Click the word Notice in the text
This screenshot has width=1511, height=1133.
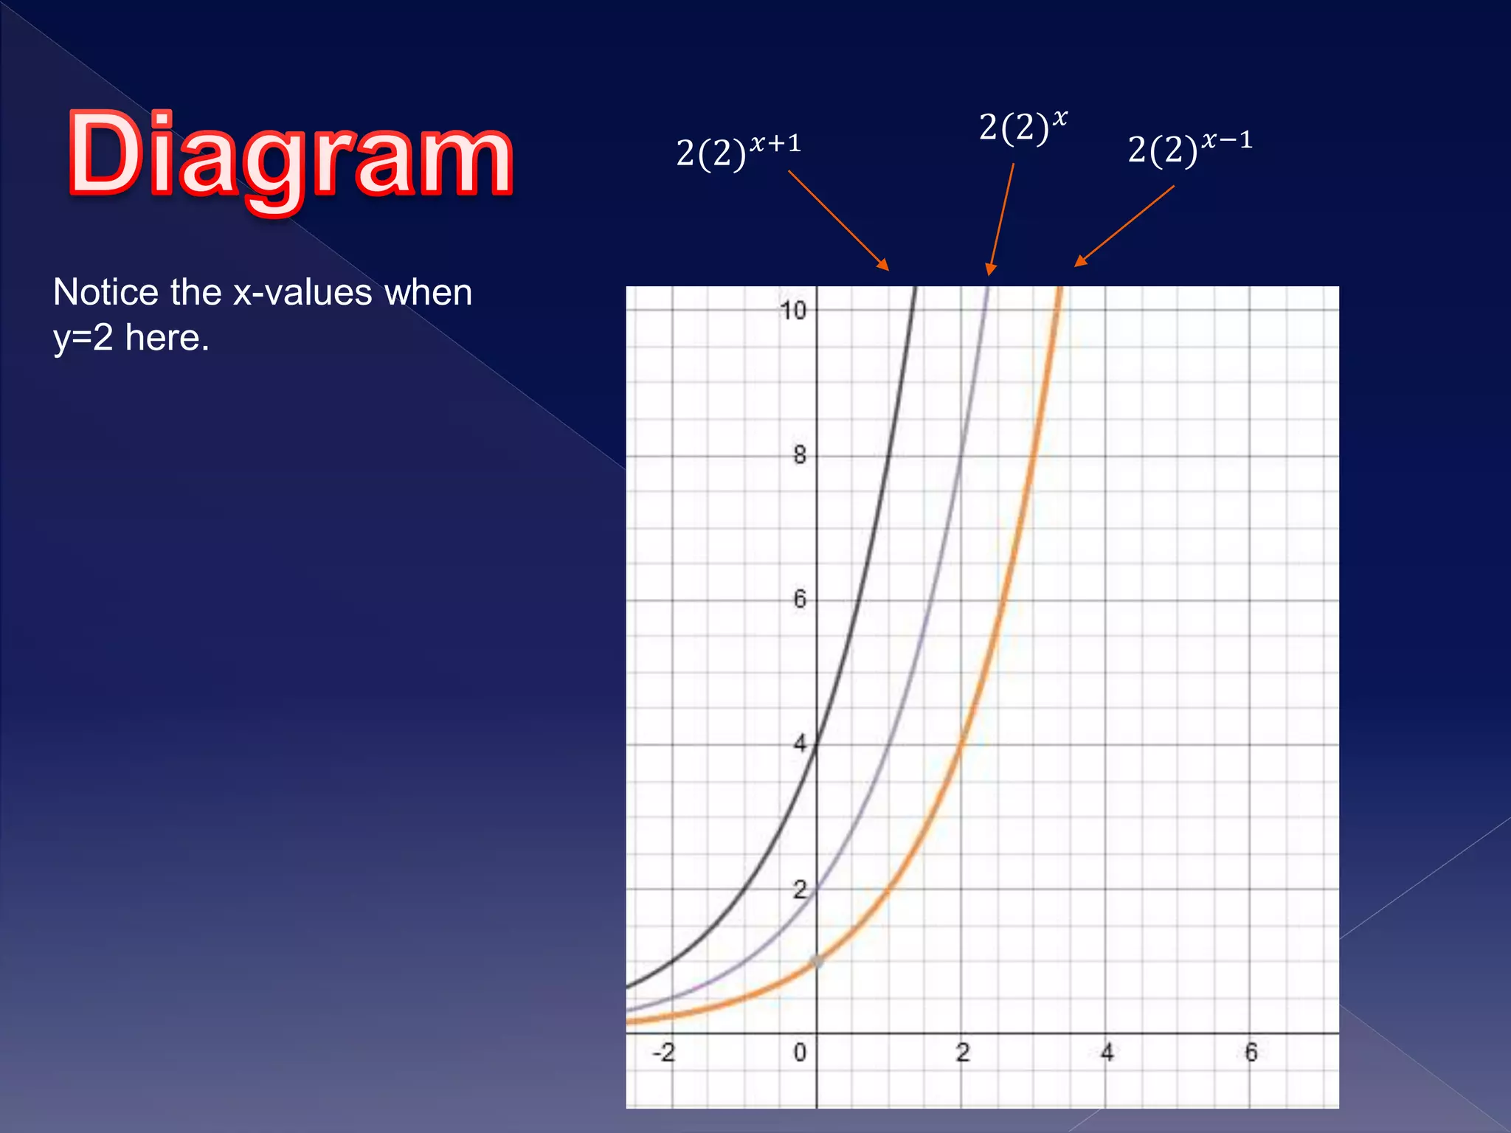tap(106, 292)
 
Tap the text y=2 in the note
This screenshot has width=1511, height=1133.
tap(83, 339)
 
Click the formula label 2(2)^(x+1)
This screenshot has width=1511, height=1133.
tap(738, 151)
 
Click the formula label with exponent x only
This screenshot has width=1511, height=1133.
tap(1023, 127)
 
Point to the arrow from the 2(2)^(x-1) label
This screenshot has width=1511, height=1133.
tap(1124, 226)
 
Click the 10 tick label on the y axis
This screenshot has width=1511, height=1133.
tap(792, 311)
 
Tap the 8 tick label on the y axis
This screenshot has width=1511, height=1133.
tap(800, 455)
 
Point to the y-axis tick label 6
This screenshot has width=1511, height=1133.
tap(800, 599)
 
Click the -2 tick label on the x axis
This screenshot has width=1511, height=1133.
tap(663, 1053)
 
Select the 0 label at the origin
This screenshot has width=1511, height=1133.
tap(800, 1053)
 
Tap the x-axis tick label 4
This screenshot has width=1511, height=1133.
tap(1107, 1053)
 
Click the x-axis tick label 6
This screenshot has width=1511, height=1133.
tap(1251, 1053)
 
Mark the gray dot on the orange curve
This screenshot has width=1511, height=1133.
tap(817, 961)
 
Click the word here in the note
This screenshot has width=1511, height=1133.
tap(167, 339)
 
